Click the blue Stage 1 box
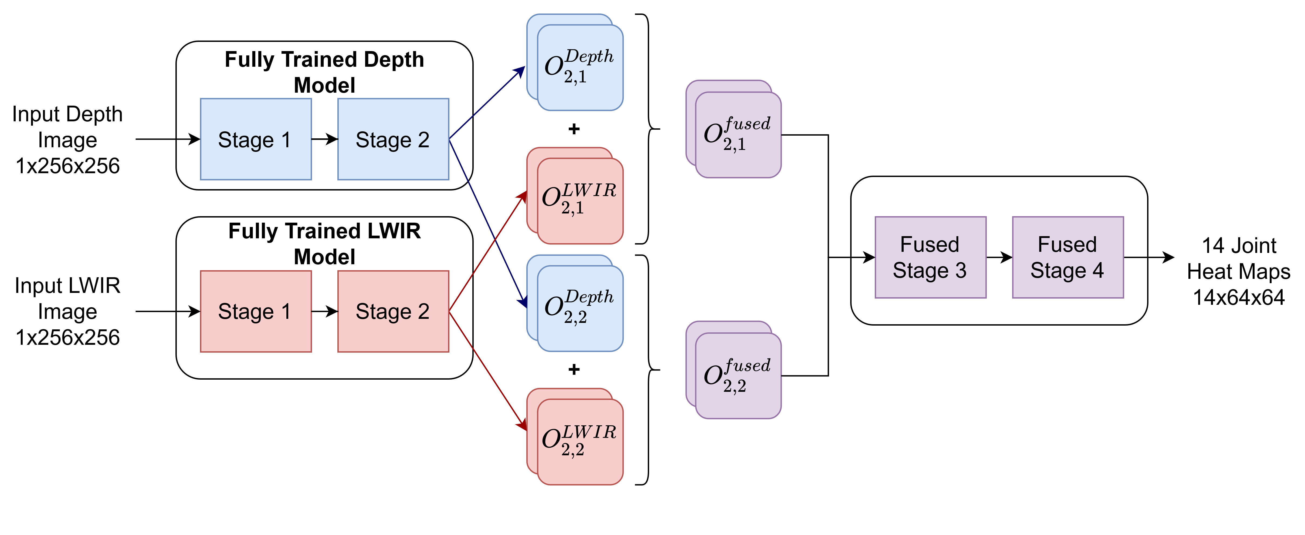point(256,139)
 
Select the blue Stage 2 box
point(393,139)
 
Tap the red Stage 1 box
point(256,311)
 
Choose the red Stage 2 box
point(393,311)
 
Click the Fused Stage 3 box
point(930,257)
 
